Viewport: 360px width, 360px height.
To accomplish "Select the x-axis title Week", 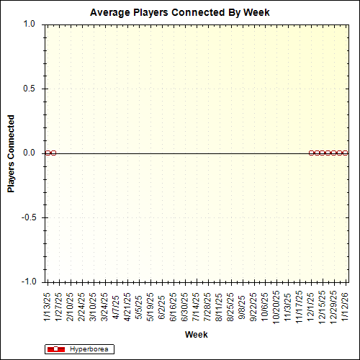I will pos(197,335).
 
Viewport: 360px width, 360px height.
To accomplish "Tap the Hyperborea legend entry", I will pos(89,349).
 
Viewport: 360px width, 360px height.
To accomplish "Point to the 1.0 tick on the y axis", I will pos(29,24).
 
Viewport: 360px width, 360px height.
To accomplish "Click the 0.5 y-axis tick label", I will pos(29,89).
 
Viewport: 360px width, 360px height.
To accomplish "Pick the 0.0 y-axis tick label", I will pos(29,153).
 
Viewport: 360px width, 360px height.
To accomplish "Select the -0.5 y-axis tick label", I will pos(27,217).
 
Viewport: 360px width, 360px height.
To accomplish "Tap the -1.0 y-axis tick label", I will pos(27,282).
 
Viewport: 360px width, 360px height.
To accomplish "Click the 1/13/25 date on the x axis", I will pos(48,305).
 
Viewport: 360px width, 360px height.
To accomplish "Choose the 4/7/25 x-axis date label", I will pos(117,304).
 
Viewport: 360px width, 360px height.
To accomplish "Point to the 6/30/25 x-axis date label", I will pos(185,305).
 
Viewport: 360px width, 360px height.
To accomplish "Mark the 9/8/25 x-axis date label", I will pos(243,304).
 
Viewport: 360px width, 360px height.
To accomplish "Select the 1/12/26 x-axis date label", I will pos(346,305).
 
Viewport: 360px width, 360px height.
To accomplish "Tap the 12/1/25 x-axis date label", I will pos(311,305).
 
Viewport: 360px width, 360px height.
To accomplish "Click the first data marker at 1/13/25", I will pos(48,153).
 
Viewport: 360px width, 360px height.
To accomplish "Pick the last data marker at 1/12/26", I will pos(346,153).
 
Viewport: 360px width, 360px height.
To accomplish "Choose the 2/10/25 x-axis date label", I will pos(71,305).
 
